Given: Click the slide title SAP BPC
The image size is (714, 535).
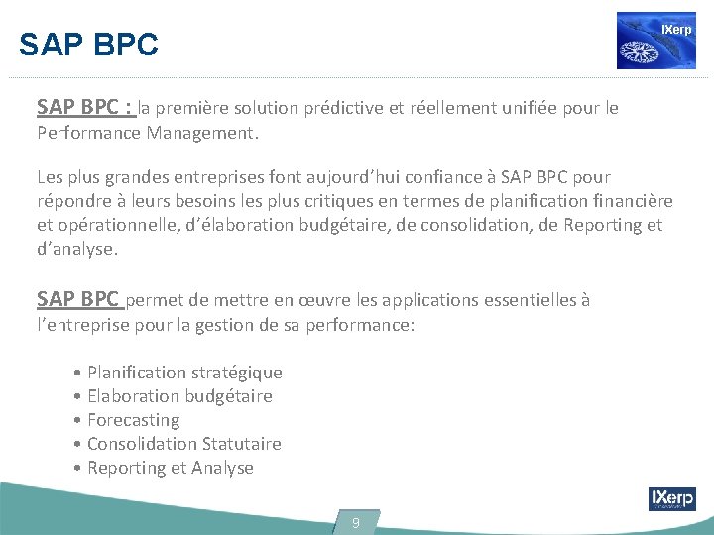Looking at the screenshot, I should pos(88,45).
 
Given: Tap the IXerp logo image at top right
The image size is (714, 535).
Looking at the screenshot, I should pos(655,41).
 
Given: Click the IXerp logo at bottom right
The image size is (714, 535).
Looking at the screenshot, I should pos(671,499).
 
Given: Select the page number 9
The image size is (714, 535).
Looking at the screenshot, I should pos(356,522).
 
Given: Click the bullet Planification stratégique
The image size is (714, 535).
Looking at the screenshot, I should pos(184,373).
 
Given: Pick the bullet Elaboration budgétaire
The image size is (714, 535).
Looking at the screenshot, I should pos(179,396).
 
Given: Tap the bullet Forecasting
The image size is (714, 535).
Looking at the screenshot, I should pos(133,420).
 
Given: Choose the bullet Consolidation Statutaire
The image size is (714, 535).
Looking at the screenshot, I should pos(183,444).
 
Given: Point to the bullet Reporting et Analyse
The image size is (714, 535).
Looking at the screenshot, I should pos(170,468).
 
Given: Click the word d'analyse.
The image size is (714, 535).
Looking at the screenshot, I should pos(77,249).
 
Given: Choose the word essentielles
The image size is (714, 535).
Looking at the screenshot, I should pos(525,299).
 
